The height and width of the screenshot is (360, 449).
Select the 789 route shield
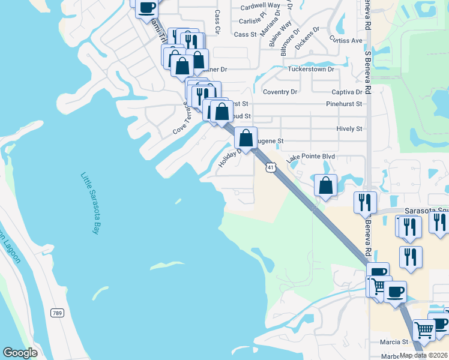[x=57, y=313]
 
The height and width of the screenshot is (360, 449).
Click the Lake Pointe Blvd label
[x=310, y=157]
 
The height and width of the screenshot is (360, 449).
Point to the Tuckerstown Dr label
[x=310, y=69]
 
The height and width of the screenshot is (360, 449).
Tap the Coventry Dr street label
[x=280, y=92]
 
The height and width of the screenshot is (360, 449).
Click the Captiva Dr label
[x=347, y=92]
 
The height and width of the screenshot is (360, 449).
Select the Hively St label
[x=350, y=128]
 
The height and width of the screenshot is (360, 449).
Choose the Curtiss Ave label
[x=346, y=40]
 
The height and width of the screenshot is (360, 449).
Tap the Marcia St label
[x=394, y=342]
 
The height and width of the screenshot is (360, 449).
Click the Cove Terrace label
[x=182, y=118]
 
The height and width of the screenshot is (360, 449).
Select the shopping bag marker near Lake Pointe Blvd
[x=325, y=185]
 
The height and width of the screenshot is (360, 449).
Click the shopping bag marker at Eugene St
[x=246, y=139]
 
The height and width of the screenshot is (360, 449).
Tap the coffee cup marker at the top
[x=146, y=8]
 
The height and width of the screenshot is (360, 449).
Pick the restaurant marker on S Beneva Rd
[x=365, y=203]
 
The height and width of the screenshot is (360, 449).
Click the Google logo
[x=20, y=353]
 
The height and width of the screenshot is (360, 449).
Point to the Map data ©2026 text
[x=424, y=355]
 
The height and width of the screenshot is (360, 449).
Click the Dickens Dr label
[x=307, y=38]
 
